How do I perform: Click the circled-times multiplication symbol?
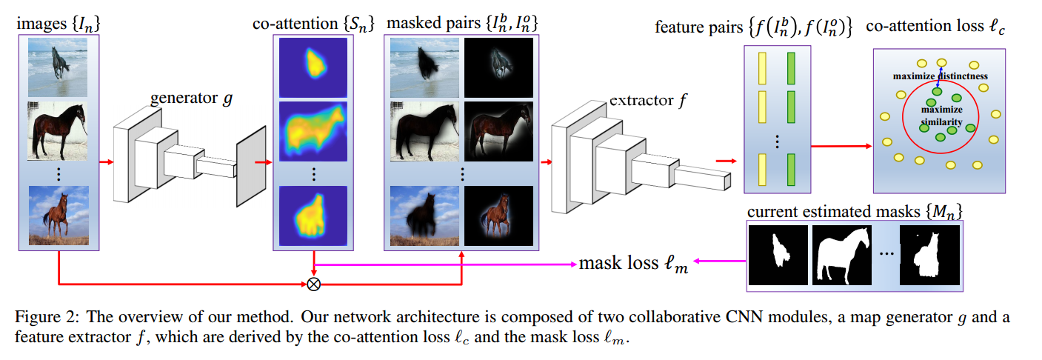tap(314, 283)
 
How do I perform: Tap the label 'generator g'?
tap(190, 98)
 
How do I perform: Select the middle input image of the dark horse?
tap(58, 132)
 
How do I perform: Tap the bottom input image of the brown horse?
tap(58, 216)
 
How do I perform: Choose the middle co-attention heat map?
tap(313, 132)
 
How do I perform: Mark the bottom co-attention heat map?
tap(313, 216)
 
